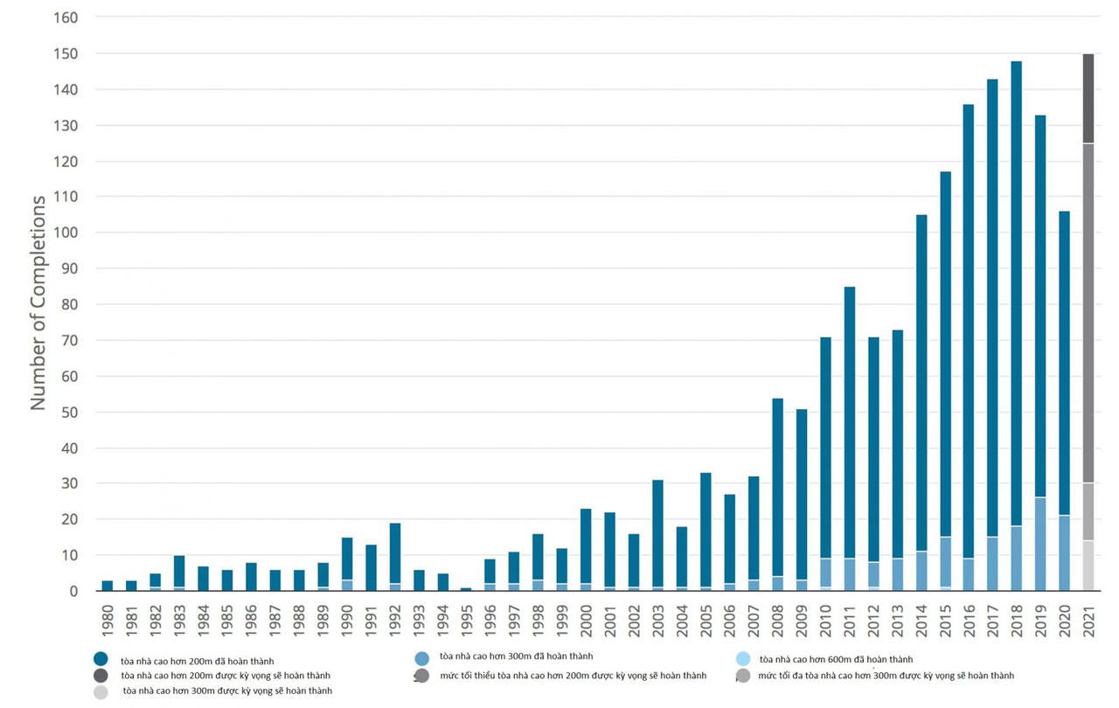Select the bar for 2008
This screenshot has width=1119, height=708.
[x=777, y=489]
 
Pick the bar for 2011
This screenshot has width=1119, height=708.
[x=849, y=437]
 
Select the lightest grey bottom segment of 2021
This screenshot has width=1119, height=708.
[x=1088, y=566]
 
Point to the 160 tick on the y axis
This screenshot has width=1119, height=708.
[x=66, y=17]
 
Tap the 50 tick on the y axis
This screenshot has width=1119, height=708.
[x=70, y=413]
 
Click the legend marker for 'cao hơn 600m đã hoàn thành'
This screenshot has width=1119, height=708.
[x=743, y=659]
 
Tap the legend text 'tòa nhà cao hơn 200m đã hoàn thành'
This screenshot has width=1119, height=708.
[x=198, y=661]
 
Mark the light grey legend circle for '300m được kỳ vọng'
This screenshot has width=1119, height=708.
[x=101, y=691]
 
